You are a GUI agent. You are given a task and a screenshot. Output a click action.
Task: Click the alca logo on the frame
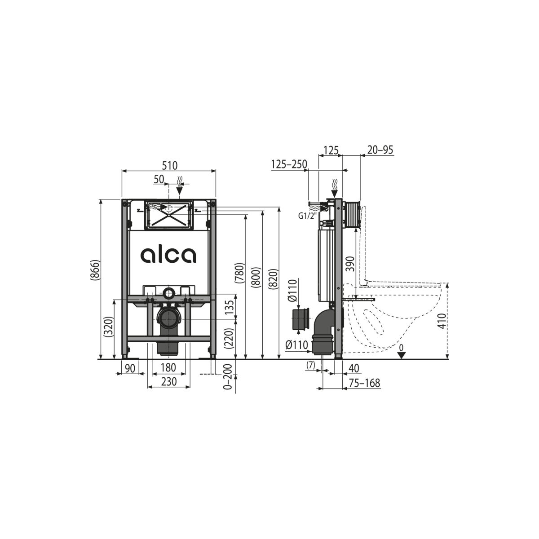pyautogui.click(x=168, y=255)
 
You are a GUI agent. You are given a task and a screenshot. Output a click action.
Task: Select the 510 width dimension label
pyautogui.click(x=170, y=166)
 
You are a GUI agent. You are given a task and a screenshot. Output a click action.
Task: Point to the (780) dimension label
pyautogui.click(x=240, y=273)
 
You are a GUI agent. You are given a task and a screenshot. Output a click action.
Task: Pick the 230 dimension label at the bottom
pyautogui.click(x=169, y=381)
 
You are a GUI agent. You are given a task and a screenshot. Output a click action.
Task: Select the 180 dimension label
pyautogui.click(x=168, y=367)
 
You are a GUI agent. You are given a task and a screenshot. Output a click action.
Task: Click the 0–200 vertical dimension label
pyautogui.click(x=229, y=377)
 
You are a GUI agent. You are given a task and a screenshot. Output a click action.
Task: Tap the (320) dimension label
pyautogui.click(x=109, y=327)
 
